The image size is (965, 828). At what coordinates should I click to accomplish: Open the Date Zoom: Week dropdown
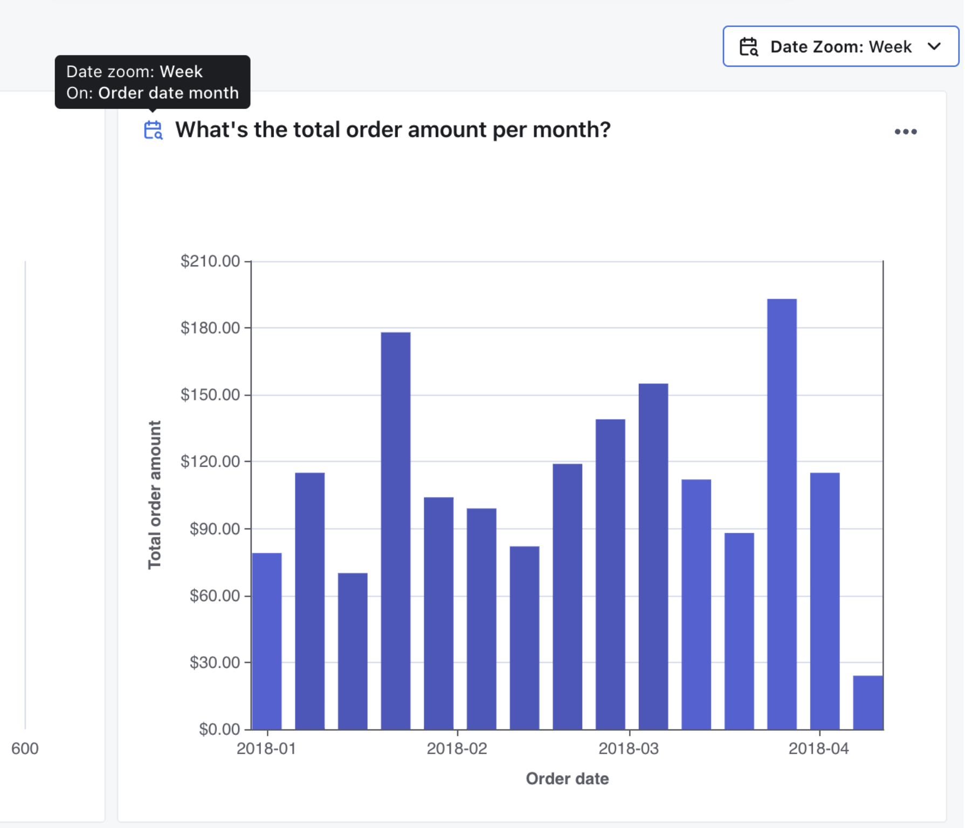pyautogui.click(x=840, y=47)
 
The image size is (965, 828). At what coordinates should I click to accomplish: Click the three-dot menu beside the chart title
pyautogui.click(x=905, y=132)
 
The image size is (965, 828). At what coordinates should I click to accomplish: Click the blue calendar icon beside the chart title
pyautogui.click(x=153, y=130)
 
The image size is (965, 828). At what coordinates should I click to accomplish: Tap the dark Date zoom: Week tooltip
pyautogui.click(x=153, y=82)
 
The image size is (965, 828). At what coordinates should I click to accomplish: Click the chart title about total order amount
pyautogui.click(x=392, y=130)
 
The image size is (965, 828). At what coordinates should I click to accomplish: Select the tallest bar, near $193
pyautogui.click(x=782, y=512)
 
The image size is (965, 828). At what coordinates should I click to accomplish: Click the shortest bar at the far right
pyautogui.click(x=867, y=702)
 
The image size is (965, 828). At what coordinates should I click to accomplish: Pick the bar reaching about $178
pyautogui.click(x=395, y=531)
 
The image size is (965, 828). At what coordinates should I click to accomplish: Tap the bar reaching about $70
pyautogui.click(x=353, y=651)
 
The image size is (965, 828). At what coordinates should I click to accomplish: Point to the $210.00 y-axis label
pyautogui.click(x=210, y=261)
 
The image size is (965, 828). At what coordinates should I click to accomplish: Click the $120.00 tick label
pyautogui.click(x=210, y=461)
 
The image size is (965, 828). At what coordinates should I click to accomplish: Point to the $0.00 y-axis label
pyautogui.click(x=219, y=729)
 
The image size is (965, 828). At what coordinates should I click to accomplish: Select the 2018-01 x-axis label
pyautogui.click(x=266, y=749)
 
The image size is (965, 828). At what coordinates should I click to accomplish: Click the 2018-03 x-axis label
pyautogui.click(x=629, y=749)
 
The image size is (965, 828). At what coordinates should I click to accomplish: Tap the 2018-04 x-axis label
pyautogui.click(x=818, y=749)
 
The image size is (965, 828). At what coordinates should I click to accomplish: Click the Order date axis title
pyautogui.click(x=567, y=779)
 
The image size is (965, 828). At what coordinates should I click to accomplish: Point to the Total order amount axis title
pyautogui.click(x=155, y=494)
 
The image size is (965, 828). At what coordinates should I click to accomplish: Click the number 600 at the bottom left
pyautogui.click(x=25, y=749)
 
